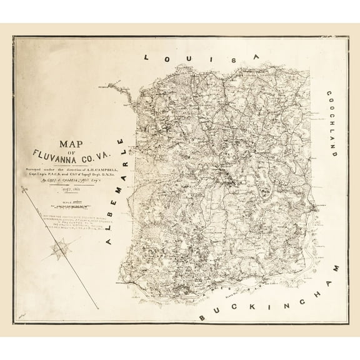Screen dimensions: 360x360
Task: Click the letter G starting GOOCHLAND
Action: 327,94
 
